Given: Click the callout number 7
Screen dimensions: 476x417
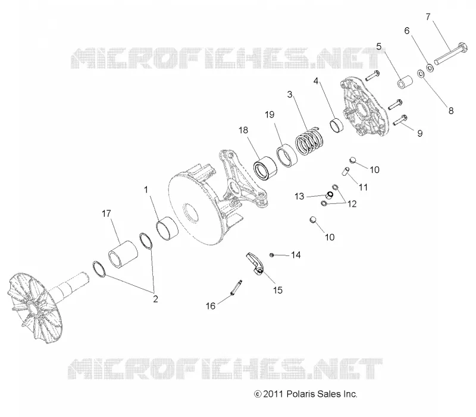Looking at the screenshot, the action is click(x=428, y=17).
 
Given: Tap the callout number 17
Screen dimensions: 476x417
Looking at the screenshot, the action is click(x=107, y=214).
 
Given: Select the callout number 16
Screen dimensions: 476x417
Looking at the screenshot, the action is click(x=211, y=306).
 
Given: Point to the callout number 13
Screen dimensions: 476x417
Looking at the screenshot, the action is click(x=299, y=197).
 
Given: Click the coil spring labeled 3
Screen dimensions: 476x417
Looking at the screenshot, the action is click(x=310, y=141).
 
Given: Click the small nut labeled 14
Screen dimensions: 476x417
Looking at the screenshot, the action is click(x=272, y=255).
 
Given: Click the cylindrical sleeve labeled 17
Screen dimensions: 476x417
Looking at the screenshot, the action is click(x=123, y=255).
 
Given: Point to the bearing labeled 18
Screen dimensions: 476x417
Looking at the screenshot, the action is click(x=265, y=167).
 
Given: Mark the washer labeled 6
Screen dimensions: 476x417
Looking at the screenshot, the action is click(x=430, y=68).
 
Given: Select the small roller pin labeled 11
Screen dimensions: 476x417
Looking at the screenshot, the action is click(x=346, y=171).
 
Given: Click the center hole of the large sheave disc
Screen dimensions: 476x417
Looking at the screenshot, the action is click(x=190, y=213).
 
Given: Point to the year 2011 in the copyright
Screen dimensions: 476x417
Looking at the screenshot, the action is click(x=273, y=394).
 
